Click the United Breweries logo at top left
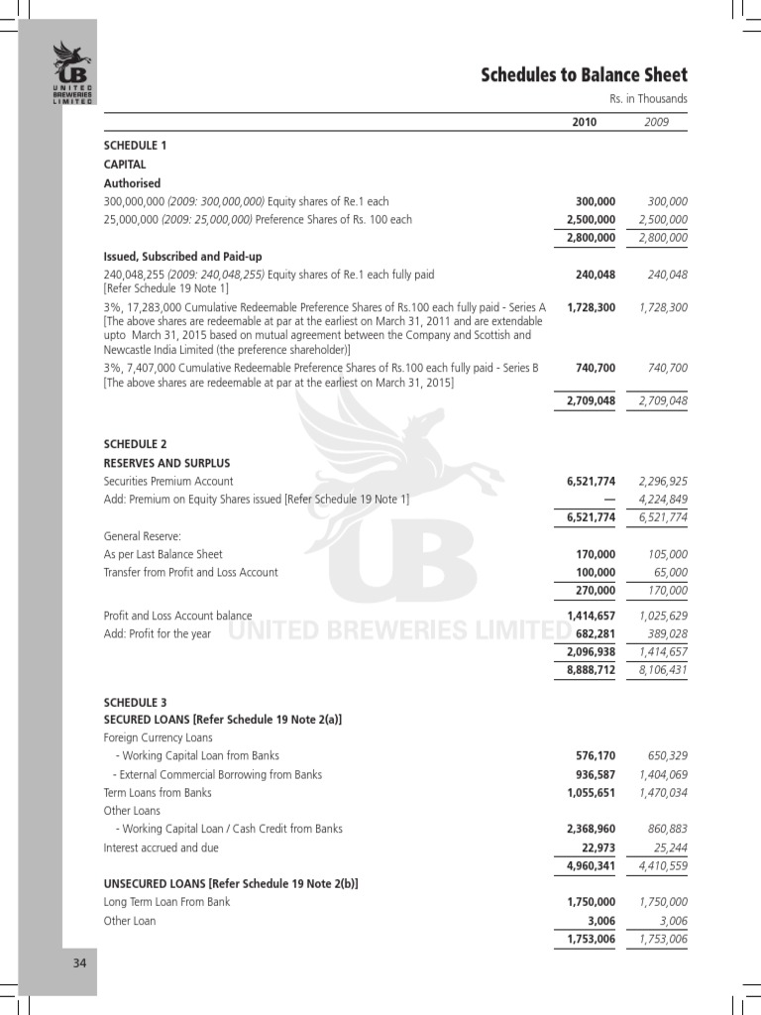72,71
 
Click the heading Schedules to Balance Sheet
584,75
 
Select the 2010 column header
585,122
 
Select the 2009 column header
656,122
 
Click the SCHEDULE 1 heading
136,146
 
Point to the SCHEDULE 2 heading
136,444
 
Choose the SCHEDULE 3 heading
136,703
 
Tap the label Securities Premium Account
169,481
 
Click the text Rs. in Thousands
648,99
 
